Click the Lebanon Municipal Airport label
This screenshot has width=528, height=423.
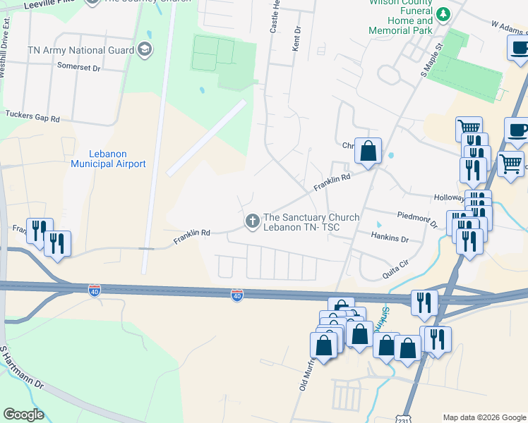point(108,159)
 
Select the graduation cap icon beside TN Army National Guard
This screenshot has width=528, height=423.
point(145,49)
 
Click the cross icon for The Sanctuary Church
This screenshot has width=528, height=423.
point(251,221)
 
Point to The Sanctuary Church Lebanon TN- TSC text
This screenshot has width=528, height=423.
point(311,222)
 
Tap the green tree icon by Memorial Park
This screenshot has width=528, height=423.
point(443,14)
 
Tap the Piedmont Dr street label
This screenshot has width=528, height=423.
point(418,219)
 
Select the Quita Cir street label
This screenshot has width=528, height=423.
point(395,268)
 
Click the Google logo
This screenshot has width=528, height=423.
point(23,415)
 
